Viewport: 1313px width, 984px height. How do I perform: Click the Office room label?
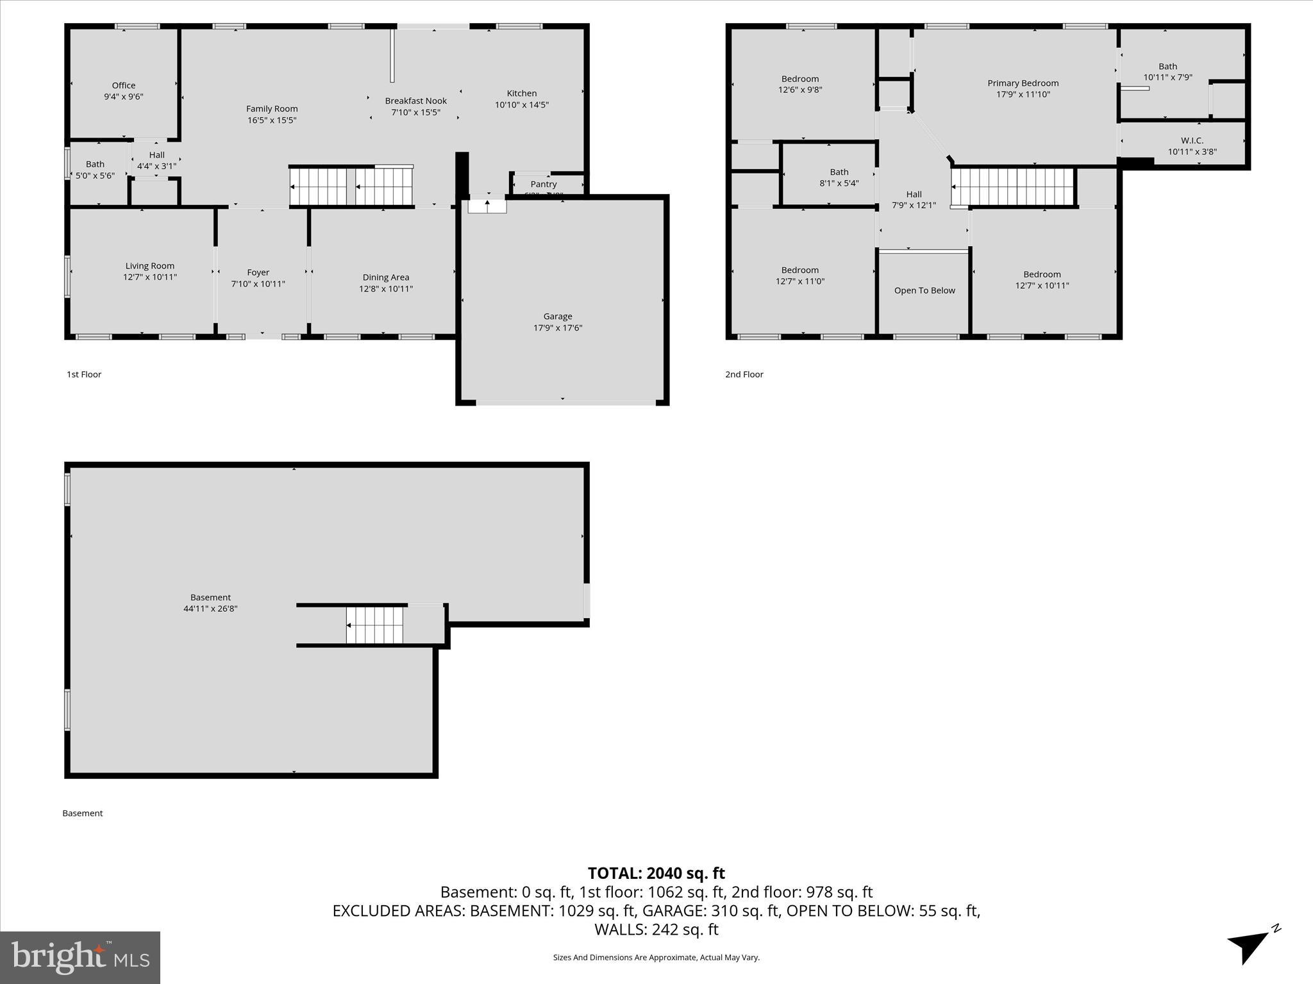pyautogui.click(x=124, y=85)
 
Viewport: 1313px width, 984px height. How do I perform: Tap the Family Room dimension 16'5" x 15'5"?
pyautogui.click(x=272, y=120)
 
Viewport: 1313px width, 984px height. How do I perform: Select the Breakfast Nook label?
pyautogui.click(x=415, y=101)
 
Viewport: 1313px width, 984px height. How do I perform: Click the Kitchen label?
pyautogui.click(x=521, y=94)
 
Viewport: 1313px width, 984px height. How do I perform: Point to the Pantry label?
pyautogui.click(x=543, y=184)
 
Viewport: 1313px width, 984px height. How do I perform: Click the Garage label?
pyautogui.click(x=557, y=316)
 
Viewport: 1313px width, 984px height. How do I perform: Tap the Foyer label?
pyautogui.click(x=258, y=272)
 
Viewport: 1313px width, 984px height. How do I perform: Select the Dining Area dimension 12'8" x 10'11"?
pyautogui.click(x=385, y=289)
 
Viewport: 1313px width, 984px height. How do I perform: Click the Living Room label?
pyautogui.click(x=149, y=266)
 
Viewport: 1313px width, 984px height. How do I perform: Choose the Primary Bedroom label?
pyautogui.click(x=1023, y=83)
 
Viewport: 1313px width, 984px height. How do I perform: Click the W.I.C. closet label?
pyautogui.click(x=1192, y=140)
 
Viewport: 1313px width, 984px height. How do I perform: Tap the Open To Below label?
pyautogui.click(x=924, y=290)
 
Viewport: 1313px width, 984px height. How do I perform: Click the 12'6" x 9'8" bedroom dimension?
pyautogui.click(x=800, y=90)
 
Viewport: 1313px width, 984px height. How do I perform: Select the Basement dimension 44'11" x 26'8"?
pyautogui.click(x=210, y=609)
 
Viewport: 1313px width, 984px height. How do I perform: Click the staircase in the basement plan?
pyautogui.click(x=375, y=625)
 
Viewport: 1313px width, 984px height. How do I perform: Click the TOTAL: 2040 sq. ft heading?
pyautogui.click(x=656, y=873)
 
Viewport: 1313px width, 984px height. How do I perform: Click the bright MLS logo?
pyautogui.click(x=80, y=957)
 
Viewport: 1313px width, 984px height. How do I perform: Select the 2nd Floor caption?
pyautogui.click(x=744, y=374)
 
